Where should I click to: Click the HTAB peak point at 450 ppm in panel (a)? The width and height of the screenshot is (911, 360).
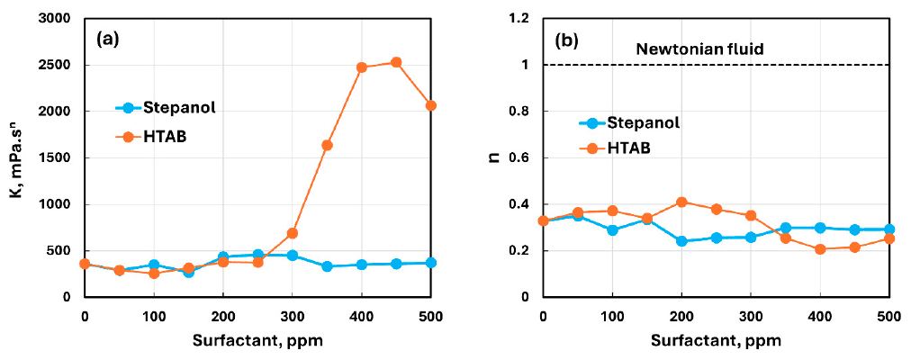pyautogui.click(x=396, y=62)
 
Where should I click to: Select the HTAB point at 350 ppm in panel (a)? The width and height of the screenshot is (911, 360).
pyautogui.click(x=327, y=145)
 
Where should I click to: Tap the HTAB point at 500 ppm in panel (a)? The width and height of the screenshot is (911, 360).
pyautogui.click(x=431, y=105)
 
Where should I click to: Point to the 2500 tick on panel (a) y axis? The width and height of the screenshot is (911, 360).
pyautogui.click(x=56, y=65)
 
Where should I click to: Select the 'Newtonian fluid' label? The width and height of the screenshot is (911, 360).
pyautogui.click(x=700, y=49)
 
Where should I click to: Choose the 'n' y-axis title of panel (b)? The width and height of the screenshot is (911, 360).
pyautogui.click(x=493, y=157)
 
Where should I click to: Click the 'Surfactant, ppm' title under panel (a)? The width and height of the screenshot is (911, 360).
pyautogui.click(x=257, y=340)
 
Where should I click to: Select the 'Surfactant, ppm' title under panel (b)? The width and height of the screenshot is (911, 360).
pyautogui.click(x=716, y=340)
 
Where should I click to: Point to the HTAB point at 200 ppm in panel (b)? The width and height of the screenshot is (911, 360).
pyautogui.click(x=681, y=202)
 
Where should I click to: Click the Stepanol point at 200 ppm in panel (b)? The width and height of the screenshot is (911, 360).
pyautogui.click(x=681, y=241)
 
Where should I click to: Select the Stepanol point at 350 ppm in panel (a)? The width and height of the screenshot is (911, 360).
pyautogui.click(x=327, y=266)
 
